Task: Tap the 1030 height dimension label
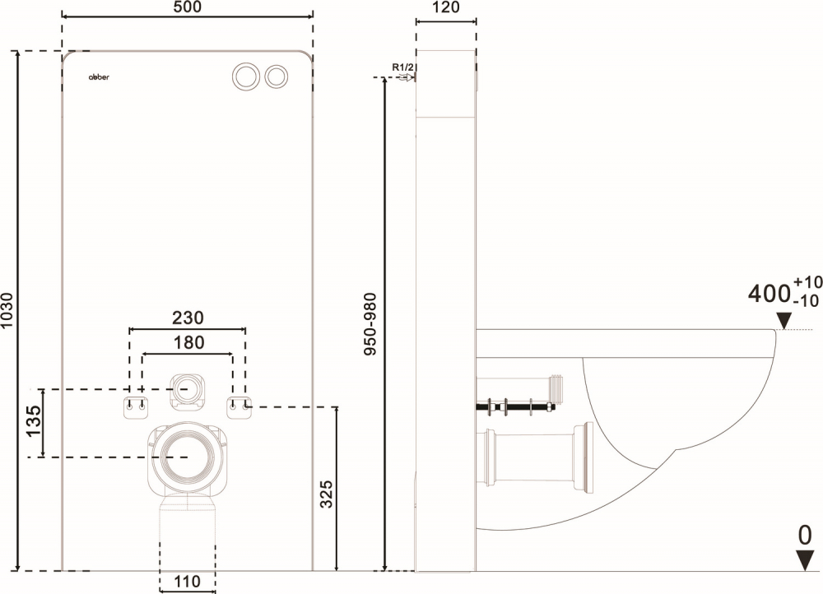[8, 310]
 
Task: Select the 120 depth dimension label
[445, 7]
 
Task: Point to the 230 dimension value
[188, 318]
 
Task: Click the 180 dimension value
[188, 342]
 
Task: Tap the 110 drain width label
[187, 582]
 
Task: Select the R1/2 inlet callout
[402, 67]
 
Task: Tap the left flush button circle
[245, 75]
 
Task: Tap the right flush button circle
[277, 75]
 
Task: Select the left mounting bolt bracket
[136, 406]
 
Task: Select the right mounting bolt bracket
[239, 406]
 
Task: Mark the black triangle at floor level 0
[804, 562]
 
